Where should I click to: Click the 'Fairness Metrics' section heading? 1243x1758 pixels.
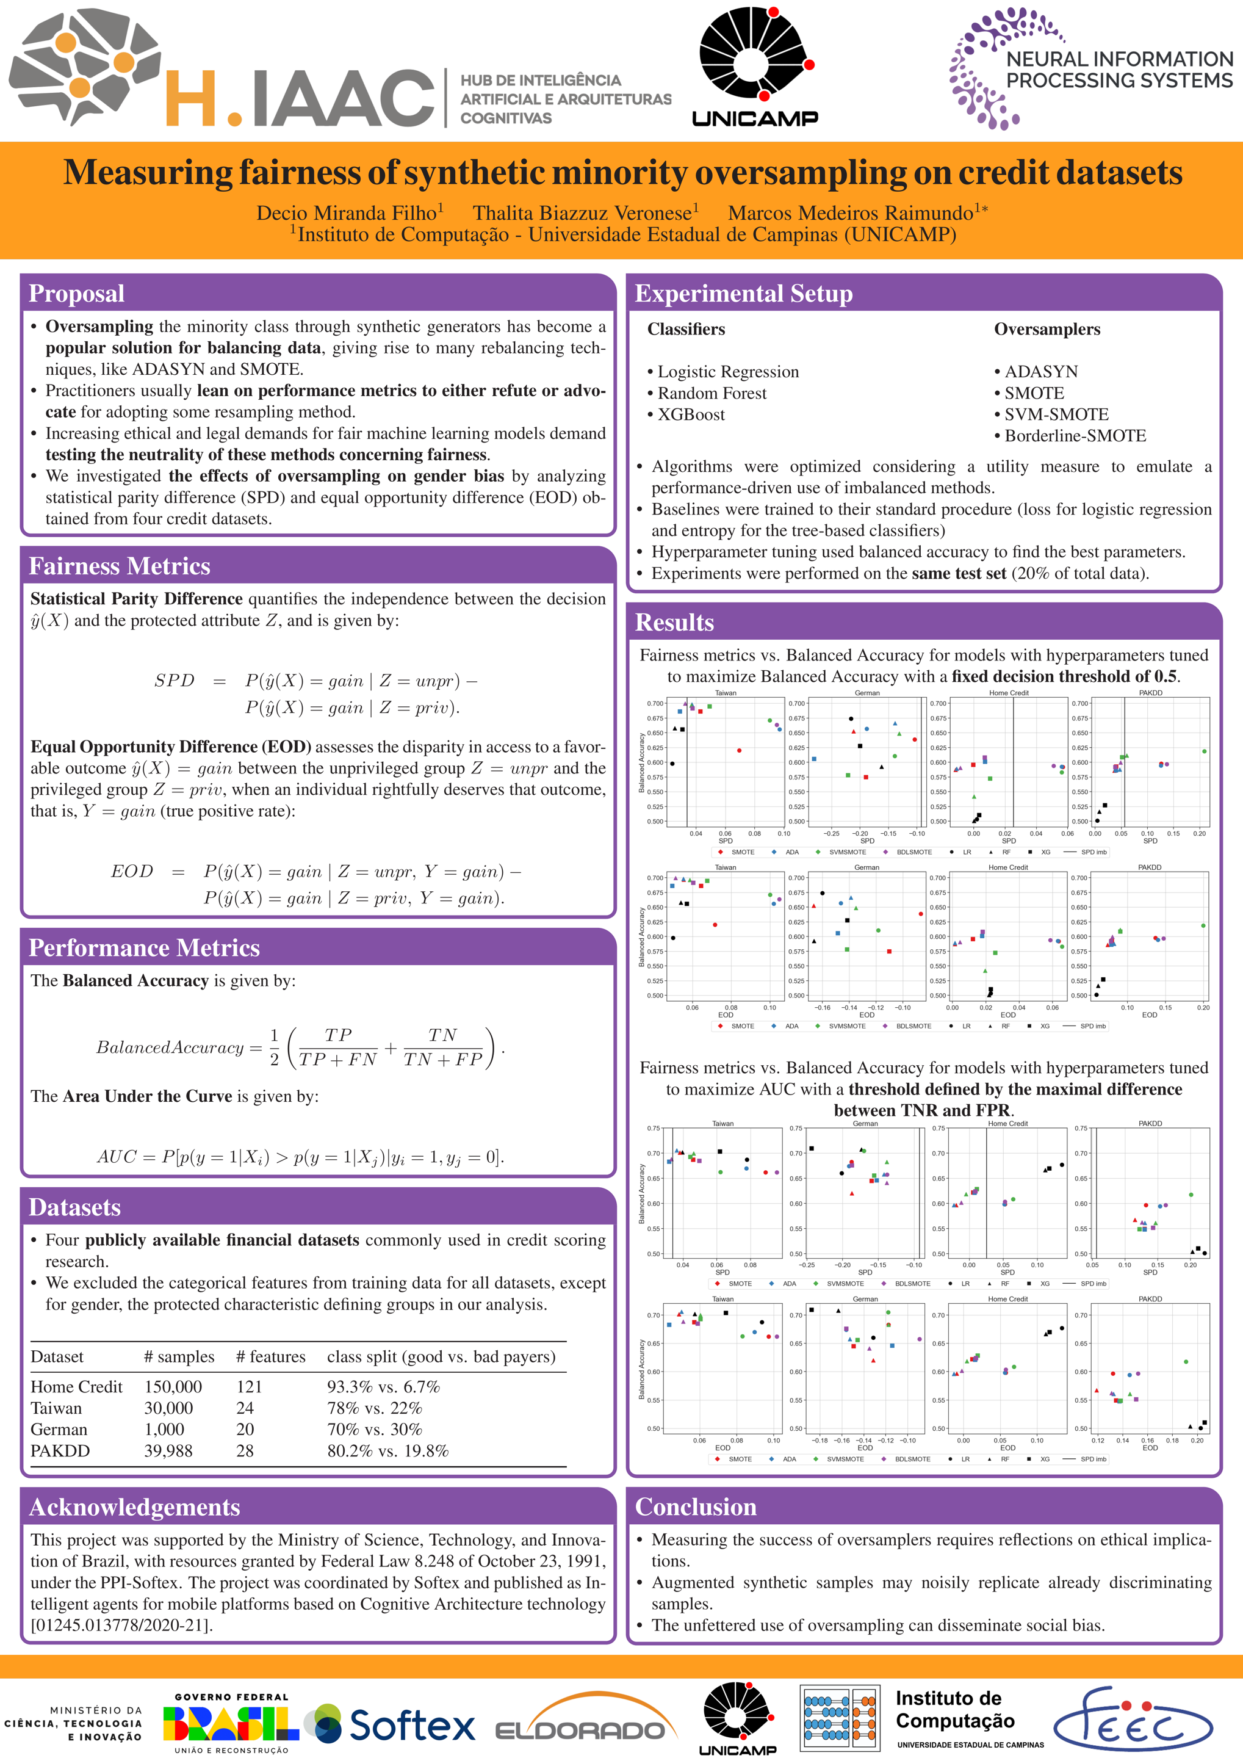coord(120,566)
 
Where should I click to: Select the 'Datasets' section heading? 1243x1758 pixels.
coord(75,1207)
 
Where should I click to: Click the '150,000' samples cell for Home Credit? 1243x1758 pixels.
coord(173,1387)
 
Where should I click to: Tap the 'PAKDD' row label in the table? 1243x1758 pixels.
coord(60,1451)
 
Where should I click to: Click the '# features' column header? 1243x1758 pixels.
coord(270,1357)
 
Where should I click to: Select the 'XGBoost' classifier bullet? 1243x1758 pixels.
coord(691,414)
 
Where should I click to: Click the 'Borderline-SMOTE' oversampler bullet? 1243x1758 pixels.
coord(1075,436)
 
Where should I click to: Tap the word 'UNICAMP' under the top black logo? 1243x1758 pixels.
coord(755,118)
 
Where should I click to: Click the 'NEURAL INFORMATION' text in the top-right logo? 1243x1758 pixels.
coord(1119,59)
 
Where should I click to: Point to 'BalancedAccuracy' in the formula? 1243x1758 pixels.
coord(170,1047)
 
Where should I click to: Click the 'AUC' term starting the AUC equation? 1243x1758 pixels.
coord(117,1156)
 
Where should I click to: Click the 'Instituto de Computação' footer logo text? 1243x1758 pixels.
coord(954,1710)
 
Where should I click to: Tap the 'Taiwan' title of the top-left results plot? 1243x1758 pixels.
coord(725,693)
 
